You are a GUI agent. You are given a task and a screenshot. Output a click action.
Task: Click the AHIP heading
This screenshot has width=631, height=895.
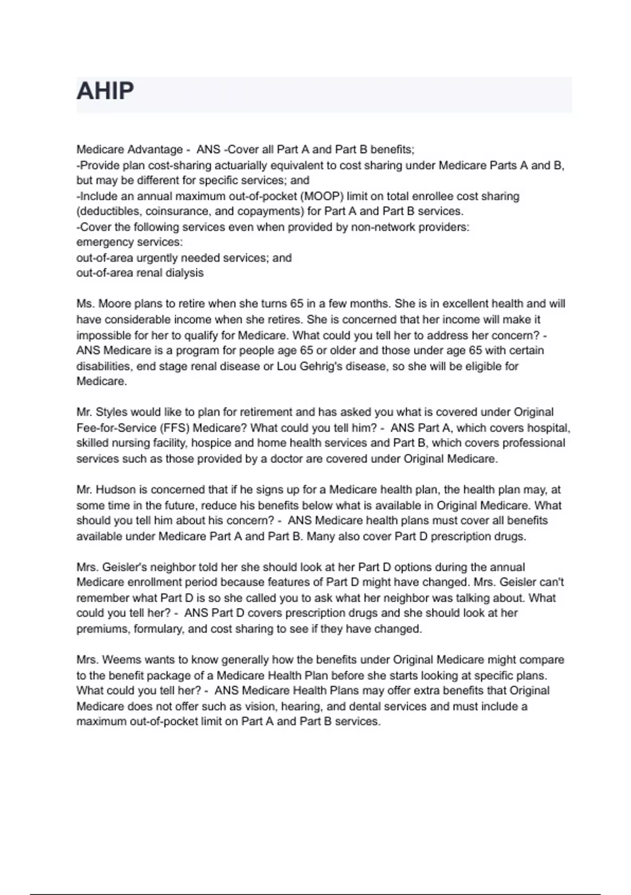click(105, 91)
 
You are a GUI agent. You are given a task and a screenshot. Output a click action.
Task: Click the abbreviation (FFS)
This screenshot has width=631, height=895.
click(175, 428)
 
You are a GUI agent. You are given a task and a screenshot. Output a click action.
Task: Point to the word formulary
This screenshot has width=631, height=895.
click(159, 629)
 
